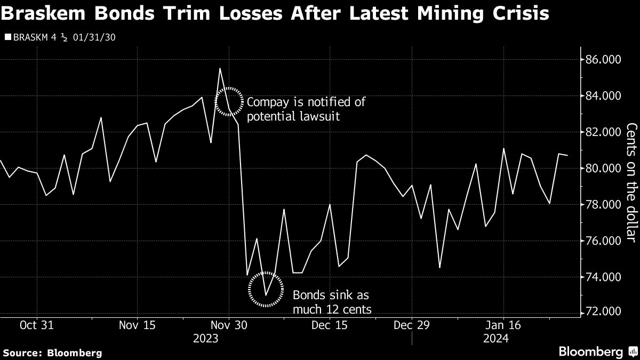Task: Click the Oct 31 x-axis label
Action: click(37, 325)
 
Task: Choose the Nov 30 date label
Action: click(229, 325)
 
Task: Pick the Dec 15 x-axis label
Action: click(329, 325)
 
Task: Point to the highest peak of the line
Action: click(220, 69)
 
